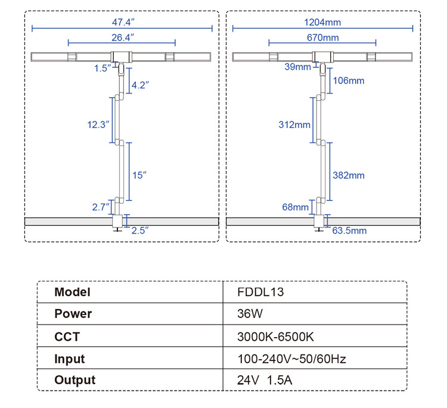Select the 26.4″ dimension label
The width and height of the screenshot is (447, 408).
(x=122, y=38)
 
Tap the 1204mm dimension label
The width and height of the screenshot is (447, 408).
(x=322, y=22)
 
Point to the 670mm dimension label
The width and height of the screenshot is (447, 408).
(x=322, y=38)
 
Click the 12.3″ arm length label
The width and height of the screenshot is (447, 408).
(x=98, y=124)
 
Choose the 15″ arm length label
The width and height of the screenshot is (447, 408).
(x=139, y=175)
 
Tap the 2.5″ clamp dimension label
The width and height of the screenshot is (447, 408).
(x=139, y=231)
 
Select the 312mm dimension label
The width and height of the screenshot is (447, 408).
(x=294, y=124)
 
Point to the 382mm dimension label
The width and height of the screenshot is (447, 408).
(x=348, y=175)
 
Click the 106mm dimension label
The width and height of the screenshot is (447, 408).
(x=348, y=80)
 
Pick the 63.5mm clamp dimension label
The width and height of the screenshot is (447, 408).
(x=349, y=231)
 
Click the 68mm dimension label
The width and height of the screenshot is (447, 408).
(x=296, y=207)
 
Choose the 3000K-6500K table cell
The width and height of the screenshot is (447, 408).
(x=275, y=337)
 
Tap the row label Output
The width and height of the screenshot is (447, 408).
(x=74, y=380)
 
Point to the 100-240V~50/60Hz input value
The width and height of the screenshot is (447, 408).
(x=291, y=359)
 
